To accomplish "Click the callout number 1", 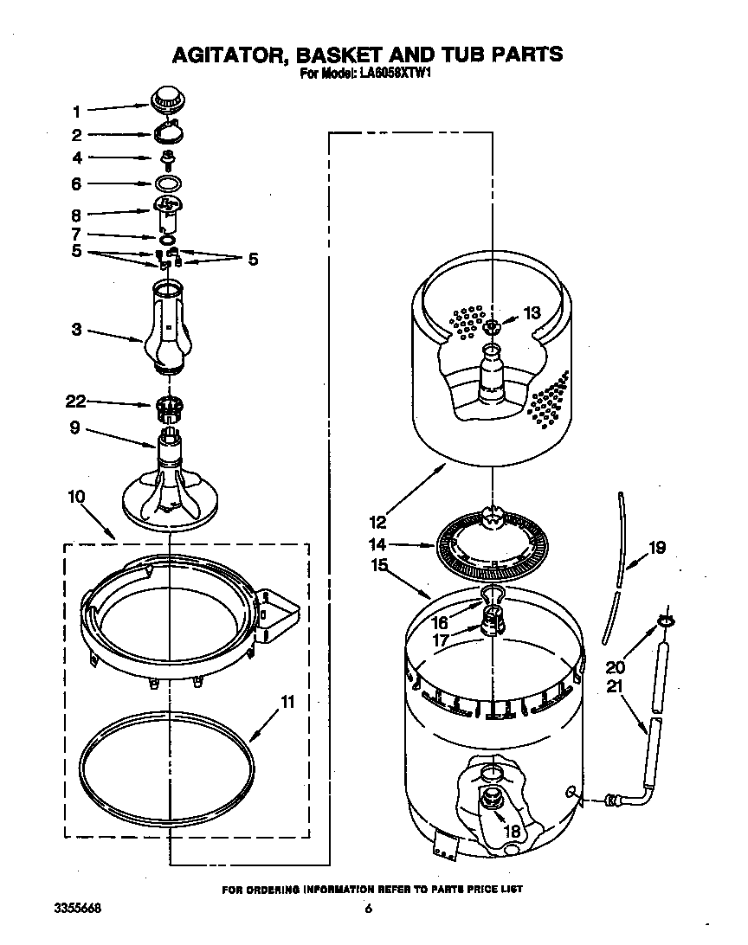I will [76, 111].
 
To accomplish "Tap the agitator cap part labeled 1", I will [169, 99].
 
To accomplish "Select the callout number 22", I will [76, 401].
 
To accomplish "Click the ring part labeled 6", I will [169, 183].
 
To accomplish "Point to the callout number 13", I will [531, 312].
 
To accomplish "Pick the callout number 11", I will [287, 702].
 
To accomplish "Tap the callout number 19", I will [657, 547].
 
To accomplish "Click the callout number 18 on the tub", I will [513, 832].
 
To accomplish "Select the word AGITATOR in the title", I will [234, 55].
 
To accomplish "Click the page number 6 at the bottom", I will [368, 909].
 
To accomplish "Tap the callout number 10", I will [76, 496].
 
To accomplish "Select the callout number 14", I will [377, 545].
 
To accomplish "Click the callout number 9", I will [76, 427].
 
